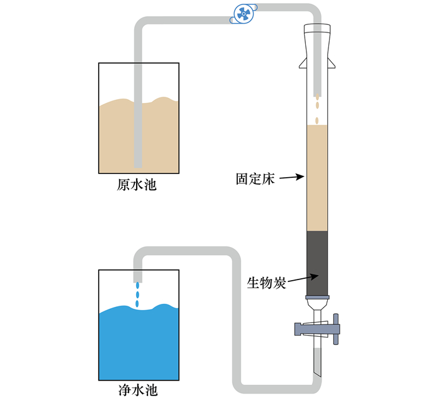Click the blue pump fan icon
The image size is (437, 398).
[243, 14]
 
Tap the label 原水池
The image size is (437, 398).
[137, 185]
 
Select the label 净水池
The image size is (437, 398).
[138, 390]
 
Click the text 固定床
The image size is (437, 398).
[255, 179]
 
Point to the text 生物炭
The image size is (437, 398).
[267, 283]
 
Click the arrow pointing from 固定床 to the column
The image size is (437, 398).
[292, 177]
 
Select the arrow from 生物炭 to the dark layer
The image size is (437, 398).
[303, 278]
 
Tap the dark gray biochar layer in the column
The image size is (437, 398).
[317, 263]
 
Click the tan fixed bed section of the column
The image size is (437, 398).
[317, 178]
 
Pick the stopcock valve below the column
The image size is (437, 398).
[317, 329]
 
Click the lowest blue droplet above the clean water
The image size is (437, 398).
[137, 303]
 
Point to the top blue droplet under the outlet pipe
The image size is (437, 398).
[137, 286]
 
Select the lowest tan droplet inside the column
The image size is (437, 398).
[317, 120]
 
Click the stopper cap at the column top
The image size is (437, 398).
[317, 29]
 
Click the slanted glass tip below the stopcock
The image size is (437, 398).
[317, 362]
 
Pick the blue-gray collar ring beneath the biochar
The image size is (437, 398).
[317, 297]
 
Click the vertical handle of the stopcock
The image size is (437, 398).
[336, 329]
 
